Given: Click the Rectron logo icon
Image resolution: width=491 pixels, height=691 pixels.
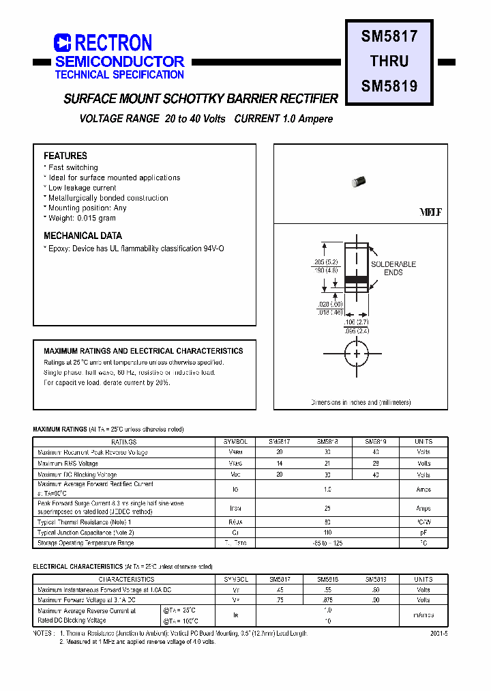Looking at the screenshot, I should point(63,43).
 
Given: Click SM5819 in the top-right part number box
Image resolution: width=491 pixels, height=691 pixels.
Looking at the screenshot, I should point(389,86).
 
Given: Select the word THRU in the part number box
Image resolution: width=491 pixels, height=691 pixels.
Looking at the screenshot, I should point(389,61).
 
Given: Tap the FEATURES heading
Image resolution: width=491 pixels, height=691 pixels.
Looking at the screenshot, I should point(65,156).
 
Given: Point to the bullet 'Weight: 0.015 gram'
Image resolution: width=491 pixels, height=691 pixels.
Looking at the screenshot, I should point(82,218).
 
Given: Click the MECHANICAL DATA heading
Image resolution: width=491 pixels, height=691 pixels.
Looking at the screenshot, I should point(83,236).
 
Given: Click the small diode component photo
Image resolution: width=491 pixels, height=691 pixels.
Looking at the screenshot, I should point(358,181).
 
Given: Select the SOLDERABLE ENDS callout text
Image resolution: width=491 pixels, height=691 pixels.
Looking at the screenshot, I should point(393,268).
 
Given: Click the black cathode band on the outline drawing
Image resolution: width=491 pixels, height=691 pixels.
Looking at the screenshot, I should point(356,279).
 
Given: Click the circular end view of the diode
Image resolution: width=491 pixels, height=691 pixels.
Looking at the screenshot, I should point(356,354).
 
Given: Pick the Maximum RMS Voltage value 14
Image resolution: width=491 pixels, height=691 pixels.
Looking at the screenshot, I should point(279,464).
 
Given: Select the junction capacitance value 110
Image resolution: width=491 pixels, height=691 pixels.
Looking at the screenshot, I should point(327,532).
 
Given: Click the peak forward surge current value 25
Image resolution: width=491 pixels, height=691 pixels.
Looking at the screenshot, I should point(327,508).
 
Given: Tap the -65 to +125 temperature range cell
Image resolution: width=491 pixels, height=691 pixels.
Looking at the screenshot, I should point(327,543).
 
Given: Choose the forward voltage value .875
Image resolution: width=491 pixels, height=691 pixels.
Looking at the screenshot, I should point(327,600).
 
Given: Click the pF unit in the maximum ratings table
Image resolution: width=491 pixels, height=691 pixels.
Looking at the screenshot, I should point(423,532).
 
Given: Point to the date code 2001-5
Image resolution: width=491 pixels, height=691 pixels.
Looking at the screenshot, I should point(439,634).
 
